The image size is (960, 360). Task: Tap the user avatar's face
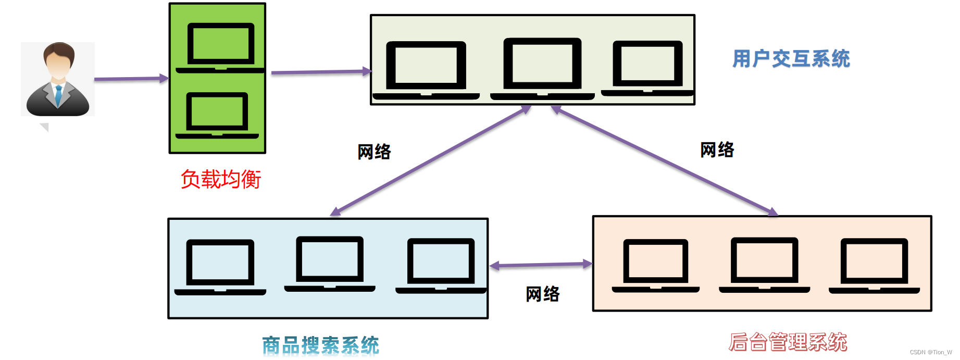pyautogui.click(x=58, y=65)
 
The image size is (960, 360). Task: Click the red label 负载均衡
pyautogui.click(x=220, y=179)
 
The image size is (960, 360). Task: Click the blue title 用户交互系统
pyautogui.click(x=791, y=59)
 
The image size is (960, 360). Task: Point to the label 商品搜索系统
pyautogui.click(x=320, y=345)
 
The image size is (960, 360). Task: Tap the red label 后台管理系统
pyautogui.click(x=788, y=342)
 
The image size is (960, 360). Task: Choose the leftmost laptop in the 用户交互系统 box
pyautogui.click(x=426, y=69)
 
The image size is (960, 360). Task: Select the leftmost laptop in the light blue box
pyautogui.click(x=220, y=266)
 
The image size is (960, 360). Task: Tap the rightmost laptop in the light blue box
pyautogui.click(x=441, y=265)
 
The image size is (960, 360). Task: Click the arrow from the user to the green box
pyautogui.click(x=130, y=79)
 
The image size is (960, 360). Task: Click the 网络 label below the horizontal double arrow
pyautogui.click(x=542, y=294)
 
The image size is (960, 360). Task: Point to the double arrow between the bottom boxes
pyautogui.click(x=541, y=265)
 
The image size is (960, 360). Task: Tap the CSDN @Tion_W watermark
pyautogui.click(x=931, y=353)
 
